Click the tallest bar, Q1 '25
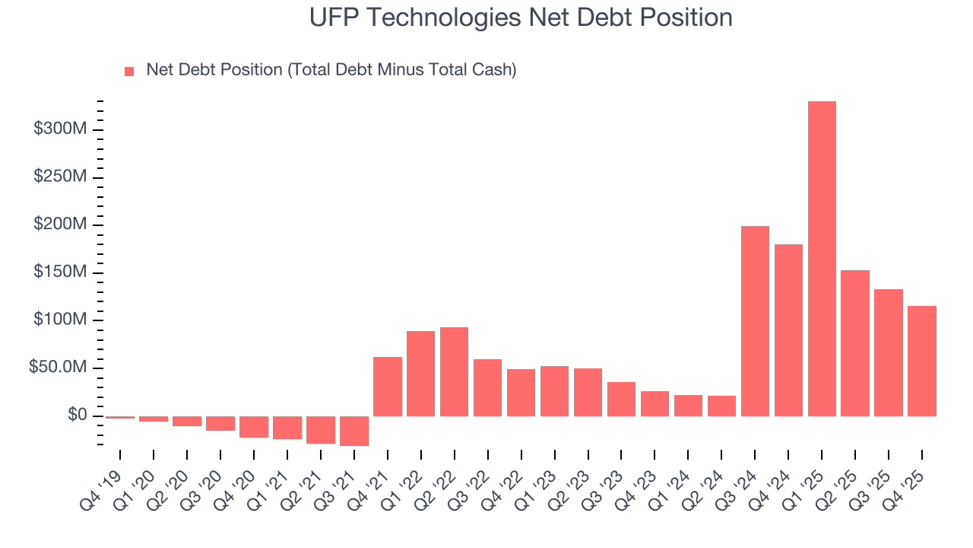click(822, 259)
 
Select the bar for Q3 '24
click(755, 321)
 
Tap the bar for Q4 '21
click(387, 387)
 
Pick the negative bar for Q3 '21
click(353, 431)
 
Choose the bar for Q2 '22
click(454, 371)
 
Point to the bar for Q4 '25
click(922, 361)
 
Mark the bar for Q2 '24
click(721, 406)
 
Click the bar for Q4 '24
click(788, 330)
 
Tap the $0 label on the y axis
click(77, 415)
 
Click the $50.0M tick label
click(58, 368)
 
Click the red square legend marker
click(129, 72)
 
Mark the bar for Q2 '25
click(855, 343)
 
